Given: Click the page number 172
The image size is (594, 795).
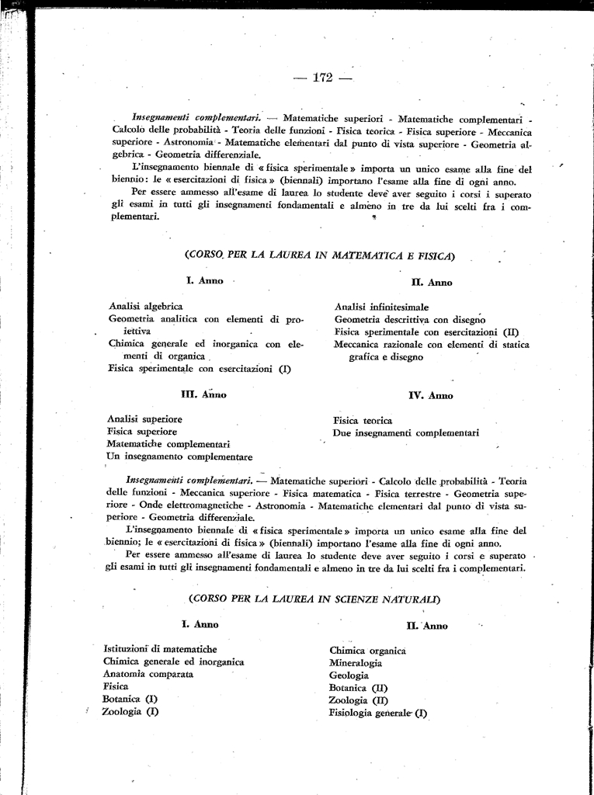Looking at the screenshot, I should click(x=321, y=77).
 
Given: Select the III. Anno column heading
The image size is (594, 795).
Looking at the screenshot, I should click(x=203, y=394).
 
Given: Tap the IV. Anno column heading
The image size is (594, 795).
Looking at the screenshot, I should click(x=430, y=395).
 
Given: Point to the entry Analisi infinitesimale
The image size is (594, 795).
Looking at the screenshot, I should click(x=381, y=307).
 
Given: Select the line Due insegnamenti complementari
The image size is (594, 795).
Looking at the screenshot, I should click(x=405, y=432).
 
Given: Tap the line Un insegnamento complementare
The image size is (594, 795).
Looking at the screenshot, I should click(x=179, y=457).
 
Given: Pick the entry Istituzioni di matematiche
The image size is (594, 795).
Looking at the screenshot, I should click(x=160, y=649).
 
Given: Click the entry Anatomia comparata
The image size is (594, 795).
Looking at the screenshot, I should click(x=148, y=674).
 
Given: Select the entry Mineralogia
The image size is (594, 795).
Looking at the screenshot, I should click(x=356, y=663).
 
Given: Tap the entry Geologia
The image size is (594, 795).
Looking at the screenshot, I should click(x=349, y=675).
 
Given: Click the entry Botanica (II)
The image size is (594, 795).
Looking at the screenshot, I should click(x=358, y=688).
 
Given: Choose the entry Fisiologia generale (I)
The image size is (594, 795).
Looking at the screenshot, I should click(x=378, y=713).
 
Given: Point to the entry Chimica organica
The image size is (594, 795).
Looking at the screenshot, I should click(x=367, y=651).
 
